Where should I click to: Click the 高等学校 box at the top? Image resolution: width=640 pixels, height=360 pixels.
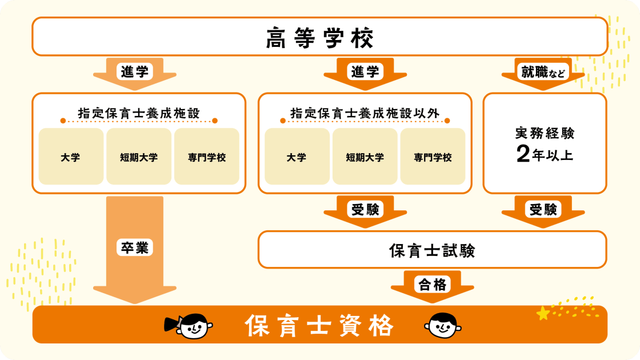point(320,37)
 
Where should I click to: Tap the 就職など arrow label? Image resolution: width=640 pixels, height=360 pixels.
point(543,72)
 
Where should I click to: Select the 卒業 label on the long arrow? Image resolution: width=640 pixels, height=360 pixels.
point(135,247)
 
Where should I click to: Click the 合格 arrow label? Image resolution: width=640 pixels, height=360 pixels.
point(432,284)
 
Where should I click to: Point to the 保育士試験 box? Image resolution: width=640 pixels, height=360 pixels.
point(432,250)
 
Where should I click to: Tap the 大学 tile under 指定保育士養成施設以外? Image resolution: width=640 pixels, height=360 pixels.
point(297,157)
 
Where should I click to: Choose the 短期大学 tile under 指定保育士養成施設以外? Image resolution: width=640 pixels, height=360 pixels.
point(365,157)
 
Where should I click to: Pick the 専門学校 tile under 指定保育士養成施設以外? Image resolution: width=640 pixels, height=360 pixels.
point(433,157)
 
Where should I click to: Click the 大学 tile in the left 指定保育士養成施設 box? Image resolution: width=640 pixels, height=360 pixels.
point(71,157)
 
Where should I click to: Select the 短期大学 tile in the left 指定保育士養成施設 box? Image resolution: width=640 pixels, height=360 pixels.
point(139,157)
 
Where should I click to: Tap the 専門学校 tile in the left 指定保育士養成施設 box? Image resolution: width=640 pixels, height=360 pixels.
point(206,157)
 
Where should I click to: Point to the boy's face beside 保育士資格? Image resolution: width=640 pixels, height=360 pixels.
point(443,325)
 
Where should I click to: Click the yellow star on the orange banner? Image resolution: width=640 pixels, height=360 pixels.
point(543,314)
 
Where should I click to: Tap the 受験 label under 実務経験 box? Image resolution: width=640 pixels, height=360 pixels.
point(543,209)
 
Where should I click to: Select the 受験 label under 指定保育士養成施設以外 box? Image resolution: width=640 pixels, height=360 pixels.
point(365,209)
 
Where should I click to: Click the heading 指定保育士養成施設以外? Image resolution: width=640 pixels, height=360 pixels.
point(365,113)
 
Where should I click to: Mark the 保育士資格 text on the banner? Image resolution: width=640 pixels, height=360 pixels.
point(319,325)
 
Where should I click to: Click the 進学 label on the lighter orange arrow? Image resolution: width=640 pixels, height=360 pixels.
point(135,72)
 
